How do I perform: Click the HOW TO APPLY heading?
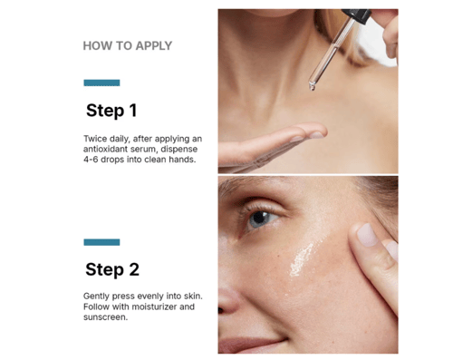(128, 46)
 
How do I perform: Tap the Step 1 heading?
(111, 111)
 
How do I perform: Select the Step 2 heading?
(112, 269)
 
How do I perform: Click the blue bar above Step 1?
(101, 83)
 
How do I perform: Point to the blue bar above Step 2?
(101, 242)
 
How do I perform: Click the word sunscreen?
(105, 317)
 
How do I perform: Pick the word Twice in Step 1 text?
(95, 139)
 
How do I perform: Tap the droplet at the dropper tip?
(312, 87)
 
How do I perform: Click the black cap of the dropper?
(357, 15)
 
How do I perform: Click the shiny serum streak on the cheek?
(301, 259)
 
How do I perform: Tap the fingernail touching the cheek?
(367, 235)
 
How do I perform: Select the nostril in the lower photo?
(221, 310)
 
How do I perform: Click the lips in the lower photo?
(251, 345)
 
